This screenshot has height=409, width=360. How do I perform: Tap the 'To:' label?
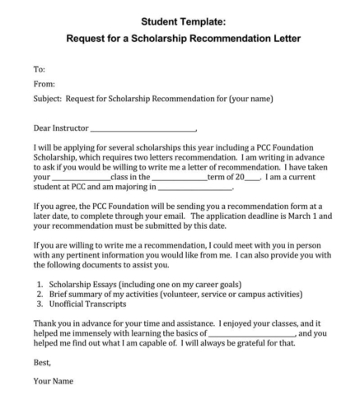click(39, 69)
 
